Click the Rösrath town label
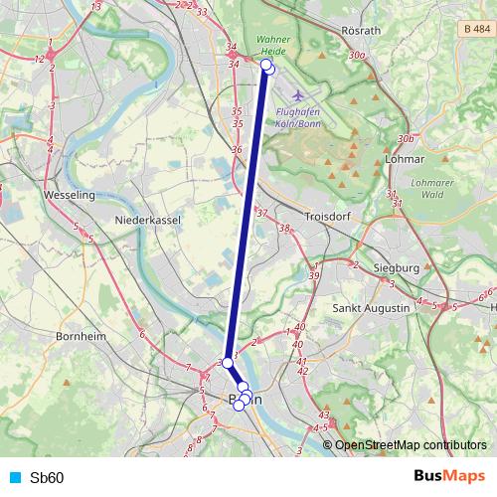point(360,31)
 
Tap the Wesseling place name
point(70,196)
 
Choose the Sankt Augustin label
point(372,309)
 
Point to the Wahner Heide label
point(272,45)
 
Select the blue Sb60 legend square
point(14,478)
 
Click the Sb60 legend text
point(47,478)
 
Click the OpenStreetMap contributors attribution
point(411,445)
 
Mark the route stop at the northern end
point(266,66)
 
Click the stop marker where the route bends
point(228,363)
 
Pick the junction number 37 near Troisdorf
point(262,213)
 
